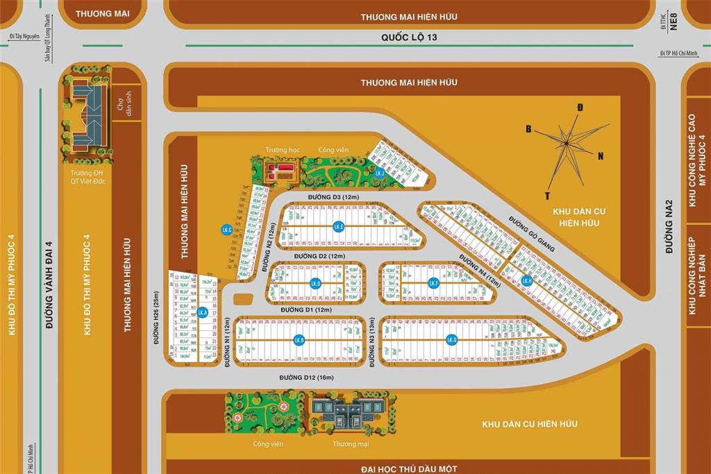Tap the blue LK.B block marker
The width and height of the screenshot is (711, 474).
click(x=299, y=340)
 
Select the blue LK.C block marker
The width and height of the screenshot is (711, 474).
click(x=226, y=229)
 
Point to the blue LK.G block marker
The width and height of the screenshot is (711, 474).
click(x=452, y=339)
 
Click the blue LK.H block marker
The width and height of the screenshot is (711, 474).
click(x=527, y=281)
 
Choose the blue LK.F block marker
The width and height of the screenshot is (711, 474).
click(x=434, y=283)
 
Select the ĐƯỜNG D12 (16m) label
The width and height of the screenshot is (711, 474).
click(x=307, y=378)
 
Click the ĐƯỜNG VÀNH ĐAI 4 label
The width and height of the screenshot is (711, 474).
click(x=49, y=284)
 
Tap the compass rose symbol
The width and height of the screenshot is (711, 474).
click(x=568, y=144)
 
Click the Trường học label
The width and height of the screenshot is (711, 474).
click(x=278, y=150)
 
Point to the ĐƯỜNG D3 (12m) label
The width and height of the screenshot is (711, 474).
click(x=333, y=198)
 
